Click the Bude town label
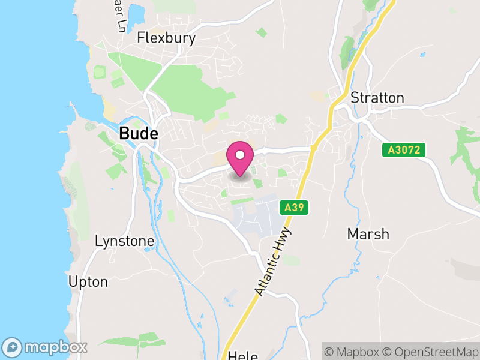(139, 133)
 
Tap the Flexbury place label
(158, 38)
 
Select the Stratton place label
(377, 98)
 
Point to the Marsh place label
(368, 234)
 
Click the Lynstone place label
(125, 241)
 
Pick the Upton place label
(88, 281)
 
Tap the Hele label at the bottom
(243, 356)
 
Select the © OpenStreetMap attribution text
(432, 352)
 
